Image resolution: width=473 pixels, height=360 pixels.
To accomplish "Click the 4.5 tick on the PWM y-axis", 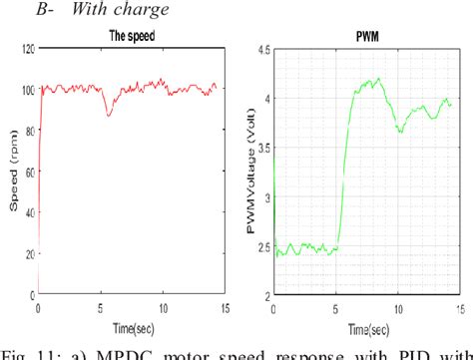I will [x=264, y=49].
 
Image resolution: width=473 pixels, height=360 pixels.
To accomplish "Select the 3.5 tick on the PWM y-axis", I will [x=264, y=148].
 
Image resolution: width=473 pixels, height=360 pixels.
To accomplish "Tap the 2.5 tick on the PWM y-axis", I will [x=264, y=246].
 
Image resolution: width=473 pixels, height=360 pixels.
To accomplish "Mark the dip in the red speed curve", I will [x=110, y=114].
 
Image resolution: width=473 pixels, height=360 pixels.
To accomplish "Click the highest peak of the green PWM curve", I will [x=378, y=79].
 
